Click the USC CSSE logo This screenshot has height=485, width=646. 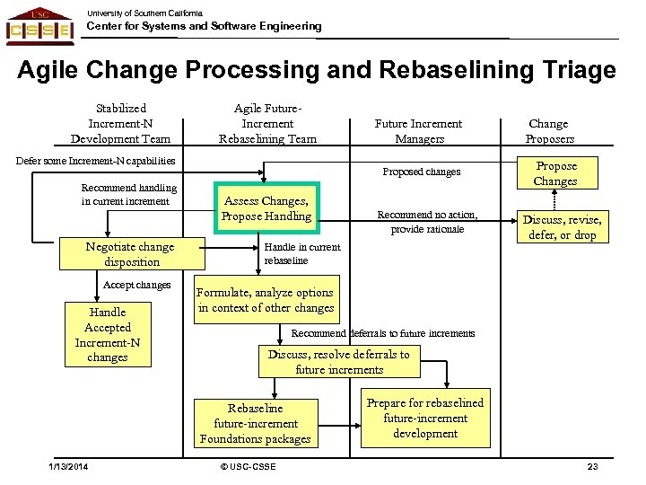coord(40,25)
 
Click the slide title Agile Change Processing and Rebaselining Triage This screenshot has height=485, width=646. coord(317,70)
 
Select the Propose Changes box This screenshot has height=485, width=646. coord(555,173)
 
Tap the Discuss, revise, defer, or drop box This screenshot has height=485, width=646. coord(563,227)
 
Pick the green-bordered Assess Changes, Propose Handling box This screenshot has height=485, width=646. coord(267,208)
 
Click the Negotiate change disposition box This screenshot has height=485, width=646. coord(130,254)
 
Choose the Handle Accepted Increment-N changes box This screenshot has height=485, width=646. coord(108,334)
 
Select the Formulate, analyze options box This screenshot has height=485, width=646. coord(265,300)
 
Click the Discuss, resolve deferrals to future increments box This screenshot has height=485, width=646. coord(338,362)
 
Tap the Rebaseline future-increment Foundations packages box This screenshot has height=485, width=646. coord(256,423)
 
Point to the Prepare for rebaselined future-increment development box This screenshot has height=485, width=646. coord(425,418)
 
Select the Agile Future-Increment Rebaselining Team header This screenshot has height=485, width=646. coord(267,123)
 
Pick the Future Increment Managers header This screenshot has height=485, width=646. coord(418,131)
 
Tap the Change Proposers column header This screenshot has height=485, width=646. coord(549,131)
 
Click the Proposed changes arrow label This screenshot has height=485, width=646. coord(421,172)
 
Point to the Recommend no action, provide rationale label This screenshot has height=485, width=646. coord(427,222)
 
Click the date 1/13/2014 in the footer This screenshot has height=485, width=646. coord(69,466)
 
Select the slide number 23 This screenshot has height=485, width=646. coord(592,466)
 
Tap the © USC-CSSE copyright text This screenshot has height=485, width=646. coord(248,466)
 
